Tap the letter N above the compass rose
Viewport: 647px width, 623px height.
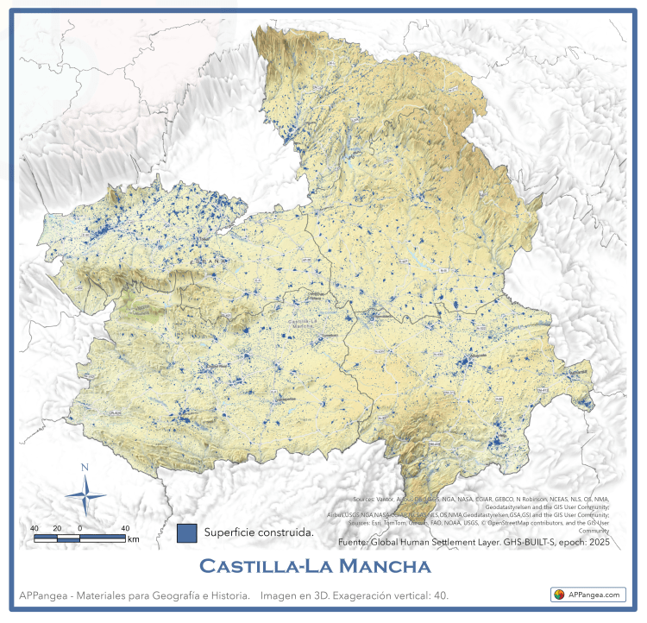(85, 468)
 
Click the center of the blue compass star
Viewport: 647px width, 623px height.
(85, 495)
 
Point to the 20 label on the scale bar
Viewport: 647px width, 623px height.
(57, 528)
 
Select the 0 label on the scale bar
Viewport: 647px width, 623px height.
(79, 528)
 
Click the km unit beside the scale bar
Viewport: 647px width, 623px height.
(133, 539)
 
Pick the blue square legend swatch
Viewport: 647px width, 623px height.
(186, 532)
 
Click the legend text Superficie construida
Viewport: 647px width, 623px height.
(258, 532)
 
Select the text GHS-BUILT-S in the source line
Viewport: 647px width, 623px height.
(537, 544)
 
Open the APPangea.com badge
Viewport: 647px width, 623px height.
(588, 595)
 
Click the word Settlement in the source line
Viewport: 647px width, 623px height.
(462, 544)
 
